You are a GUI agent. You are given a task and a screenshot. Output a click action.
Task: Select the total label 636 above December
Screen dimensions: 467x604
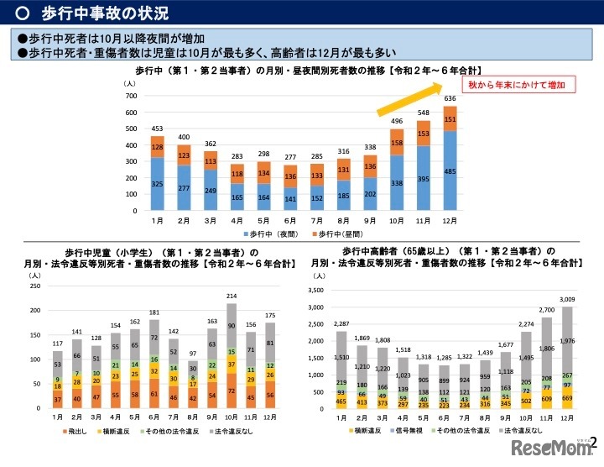pyautogui.click(x=450, y=97)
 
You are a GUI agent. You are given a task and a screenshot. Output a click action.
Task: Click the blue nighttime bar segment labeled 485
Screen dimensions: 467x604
pyautogui.click(x=450, y=171)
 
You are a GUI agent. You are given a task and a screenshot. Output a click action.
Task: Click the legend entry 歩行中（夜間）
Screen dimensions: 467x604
pyautogui.click(x=272, y=231)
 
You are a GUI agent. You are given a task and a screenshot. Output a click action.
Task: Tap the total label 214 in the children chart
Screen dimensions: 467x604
pyautogui.click(x=232, y=296)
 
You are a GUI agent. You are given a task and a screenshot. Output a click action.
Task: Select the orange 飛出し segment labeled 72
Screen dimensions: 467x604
pyautogui.click(x=232, y=391)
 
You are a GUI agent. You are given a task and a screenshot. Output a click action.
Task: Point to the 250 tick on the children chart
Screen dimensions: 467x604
pyautogui.click(x=34, y=286)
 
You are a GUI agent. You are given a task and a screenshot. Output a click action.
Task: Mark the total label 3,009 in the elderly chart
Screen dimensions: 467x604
pyautogui.click(x=567, y=299)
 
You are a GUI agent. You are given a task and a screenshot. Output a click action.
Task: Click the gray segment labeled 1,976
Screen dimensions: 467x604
pyautogui.click(x=567, y=340)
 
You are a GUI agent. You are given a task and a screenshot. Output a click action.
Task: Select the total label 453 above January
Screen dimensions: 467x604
pyautogui.click(x=157, y=129)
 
